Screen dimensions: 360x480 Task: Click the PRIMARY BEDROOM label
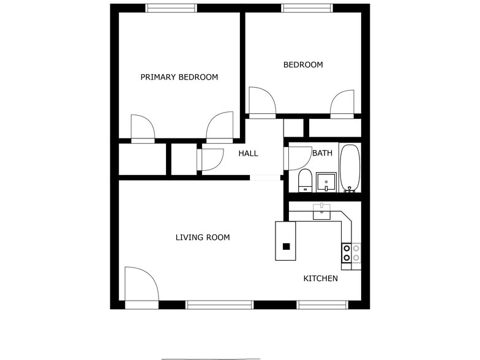click(179, 77)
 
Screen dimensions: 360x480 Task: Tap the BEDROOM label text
click(302, 65)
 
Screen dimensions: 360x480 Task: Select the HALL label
click(248, 153)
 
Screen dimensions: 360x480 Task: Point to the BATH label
click(322, 153)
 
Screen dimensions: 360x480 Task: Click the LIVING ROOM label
click(203, 237)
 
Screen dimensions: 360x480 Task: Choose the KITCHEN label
click(320, 279)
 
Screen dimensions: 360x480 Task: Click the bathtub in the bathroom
click(350, 168)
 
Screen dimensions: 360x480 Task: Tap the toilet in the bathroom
click(306, 181)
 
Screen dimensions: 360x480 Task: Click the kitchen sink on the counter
click(321, 212)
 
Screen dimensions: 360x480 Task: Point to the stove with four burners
click(351, 253)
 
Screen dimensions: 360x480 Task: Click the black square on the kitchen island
click(286, 247)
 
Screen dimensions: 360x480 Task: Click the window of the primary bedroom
click(171, 8)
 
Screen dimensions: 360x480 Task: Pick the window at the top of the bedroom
click(307, 8)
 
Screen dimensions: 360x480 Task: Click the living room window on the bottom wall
click(219, 304)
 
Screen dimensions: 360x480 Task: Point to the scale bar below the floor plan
click(211, 359)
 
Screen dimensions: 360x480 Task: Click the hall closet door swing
click(211, 159)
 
